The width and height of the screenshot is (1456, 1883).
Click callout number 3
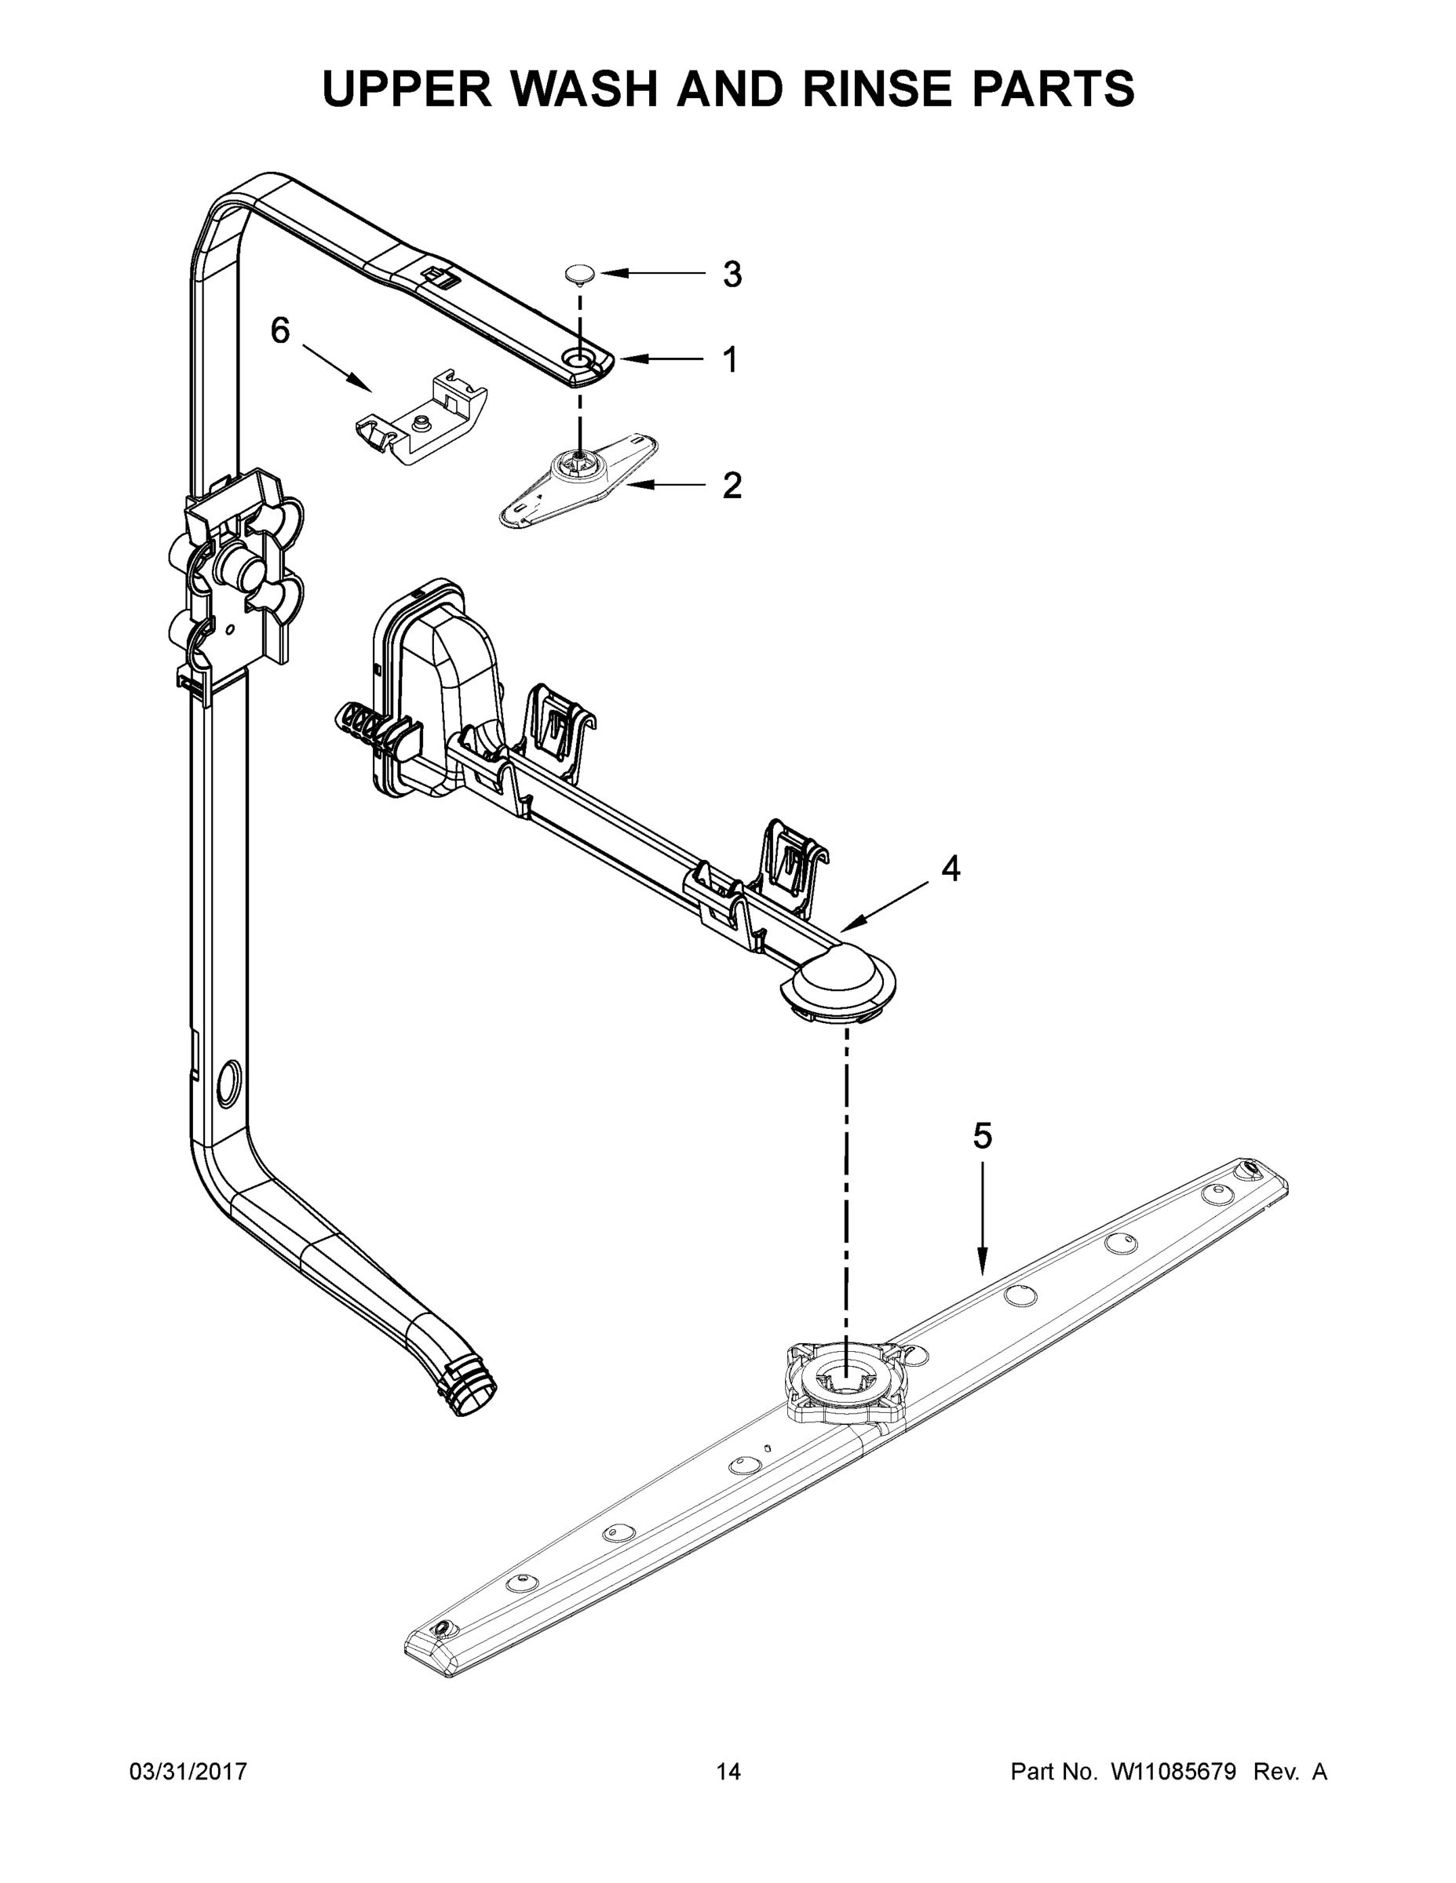732,275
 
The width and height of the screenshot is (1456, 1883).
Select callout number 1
730,359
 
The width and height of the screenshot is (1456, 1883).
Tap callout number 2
732,486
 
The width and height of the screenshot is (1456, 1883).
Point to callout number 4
950,869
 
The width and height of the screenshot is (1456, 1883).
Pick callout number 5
983,1136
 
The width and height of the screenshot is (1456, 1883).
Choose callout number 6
280,330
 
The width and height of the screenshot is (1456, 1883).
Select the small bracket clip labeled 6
421,418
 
